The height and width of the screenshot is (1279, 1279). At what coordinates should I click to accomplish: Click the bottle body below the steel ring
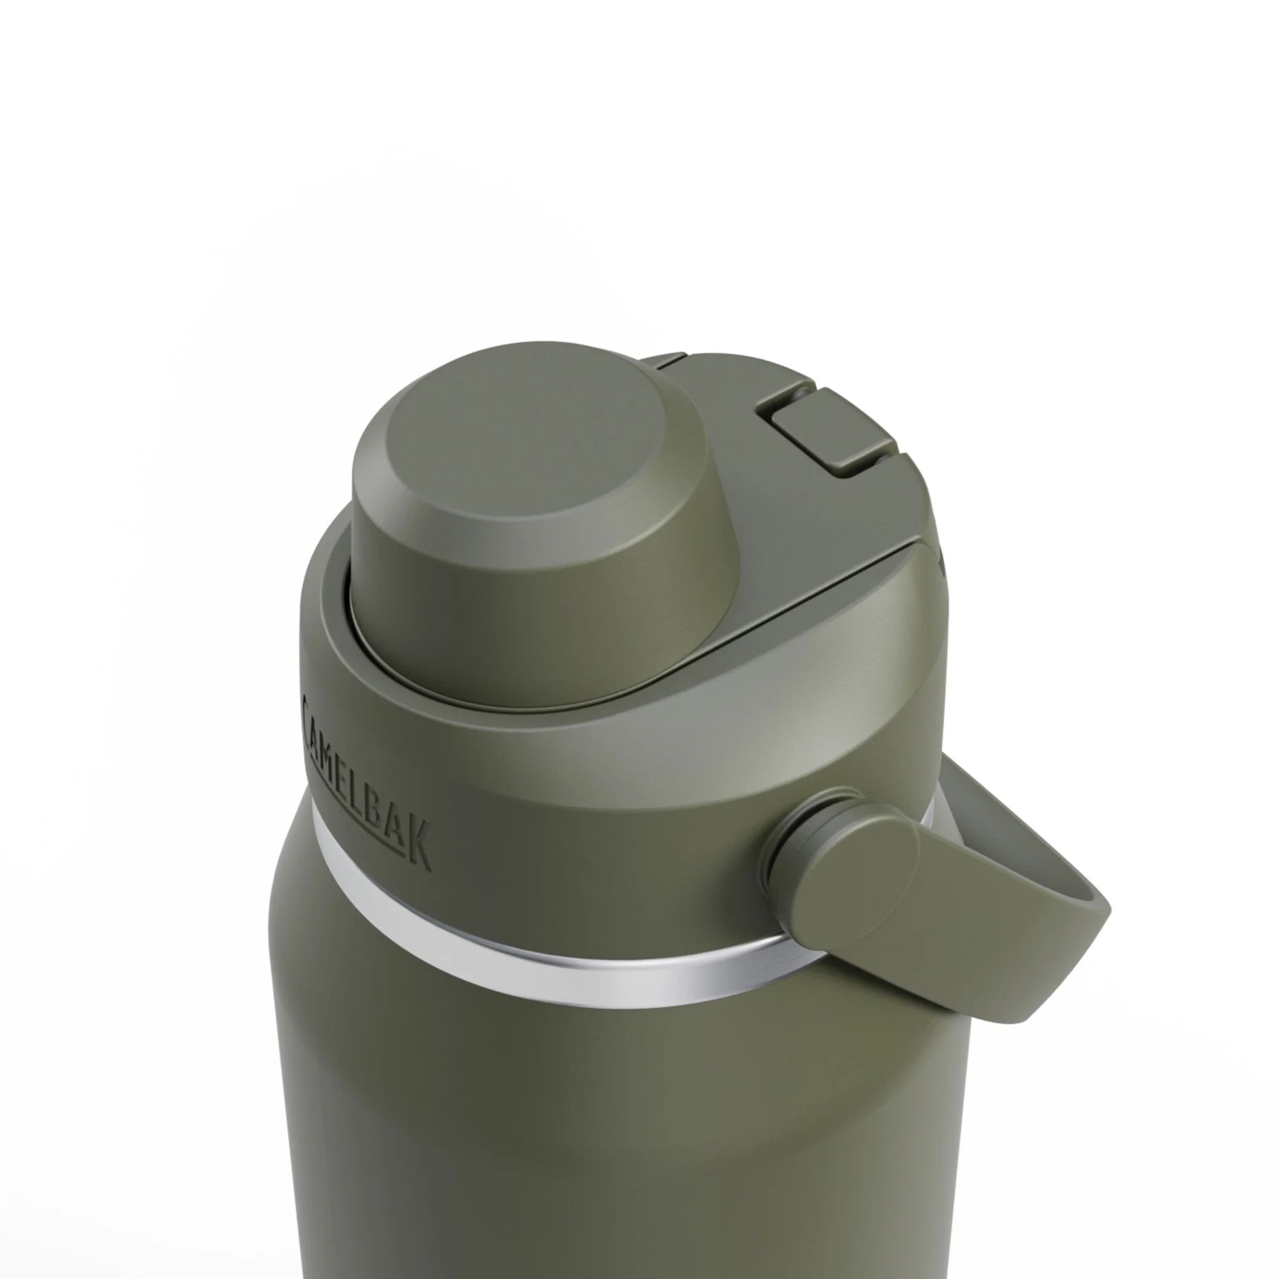click(x=596, y=1126)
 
